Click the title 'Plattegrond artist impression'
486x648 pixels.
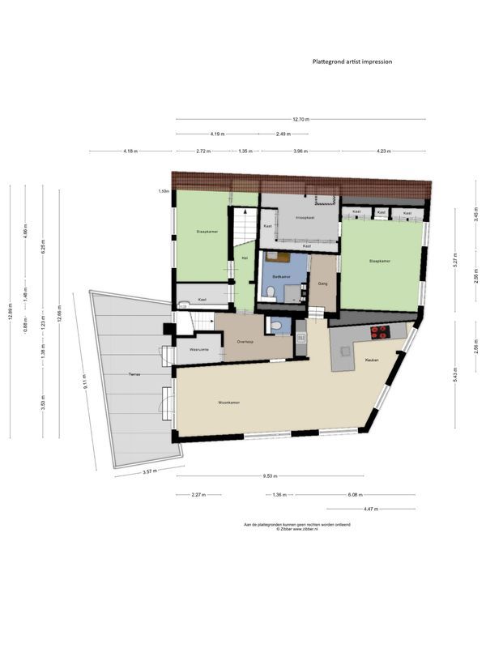[x=352, y=61]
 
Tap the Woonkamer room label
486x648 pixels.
[x=228, y=403]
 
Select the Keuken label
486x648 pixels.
[x=373, y=360]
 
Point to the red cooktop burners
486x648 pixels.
[x=379, y=330]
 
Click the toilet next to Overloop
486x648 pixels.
[x=277, y=326]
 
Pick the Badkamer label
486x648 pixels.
[x=281, y=276]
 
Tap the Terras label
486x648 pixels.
[x=134, y=374]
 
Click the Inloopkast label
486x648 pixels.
[x=305, y=217]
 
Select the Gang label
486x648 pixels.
[x=323, y=284]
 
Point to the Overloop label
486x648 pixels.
[x=246, y=342]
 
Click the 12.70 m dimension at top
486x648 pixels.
[x=302, y=119]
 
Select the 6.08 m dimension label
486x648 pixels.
[x=356, y=494]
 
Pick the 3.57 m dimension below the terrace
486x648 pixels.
[x=150, y=470]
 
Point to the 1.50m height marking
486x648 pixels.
[x=164, y=192]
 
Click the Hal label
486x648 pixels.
[x=244, y=258]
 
